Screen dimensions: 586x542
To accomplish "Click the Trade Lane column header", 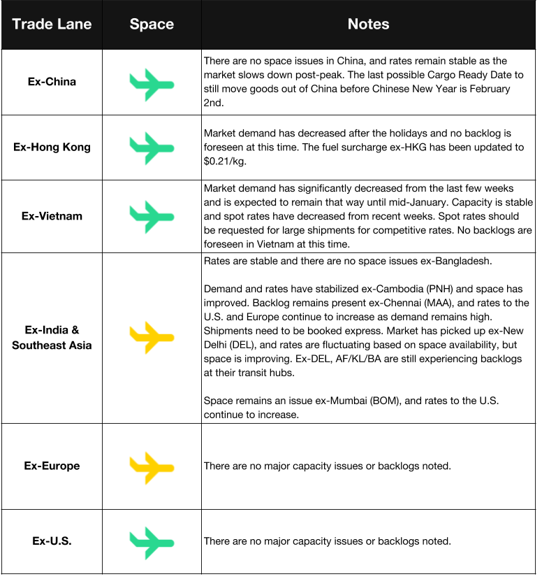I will pyautogui.click(x=52, y=24).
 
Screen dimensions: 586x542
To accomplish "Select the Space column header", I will pyautogui.click(x=152, y=24).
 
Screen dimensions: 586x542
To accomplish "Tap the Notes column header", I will pyautogui.click(x=368, y=24).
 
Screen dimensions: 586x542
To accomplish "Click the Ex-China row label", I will pyautogui.click(x=52, y=82).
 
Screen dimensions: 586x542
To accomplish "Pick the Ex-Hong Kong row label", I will pyautogui.click(x=52, y=148).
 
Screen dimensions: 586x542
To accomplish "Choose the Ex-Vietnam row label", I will pyautogui.click(x=52, y=216).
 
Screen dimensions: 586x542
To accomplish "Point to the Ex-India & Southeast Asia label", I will pyautogui.click(x=52, y=338).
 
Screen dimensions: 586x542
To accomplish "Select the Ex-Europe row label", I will pyautogui.click(x=52, y=466).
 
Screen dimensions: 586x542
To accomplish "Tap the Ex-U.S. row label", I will pyautogui.click(x=52, y=541).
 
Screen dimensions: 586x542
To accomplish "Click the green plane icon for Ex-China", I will pyautogui.click(x=151, y=84).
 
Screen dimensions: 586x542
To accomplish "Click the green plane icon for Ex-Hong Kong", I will pyautogui.click(x=151, y=148).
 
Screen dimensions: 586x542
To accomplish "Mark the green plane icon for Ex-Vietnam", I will pyautogui.click(x=151, y=216).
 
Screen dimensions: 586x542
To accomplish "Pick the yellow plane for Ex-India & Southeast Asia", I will pyautogui.click(x=151, y=338).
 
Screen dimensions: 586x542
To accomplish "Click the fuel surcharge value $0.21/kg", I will pyautogui.click(x=226, y=161).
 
